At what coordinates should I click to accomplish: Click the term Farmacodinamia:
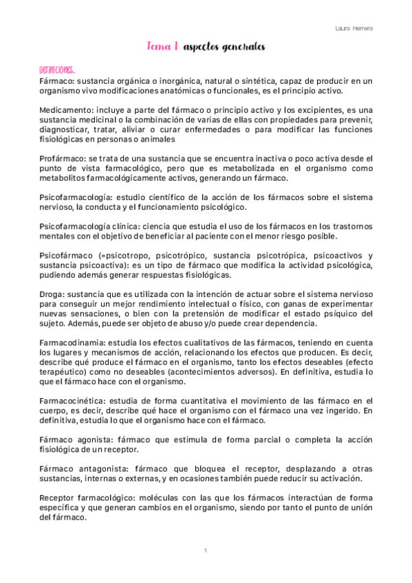[x=74, y=342]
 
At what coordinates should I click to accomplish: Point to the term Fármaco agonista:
[x=78, y=438]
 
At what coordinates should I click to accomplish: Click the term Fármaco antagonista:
[x=84, y=467]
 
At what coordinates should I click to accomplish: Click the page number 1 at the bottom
[x=206, y=551]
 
